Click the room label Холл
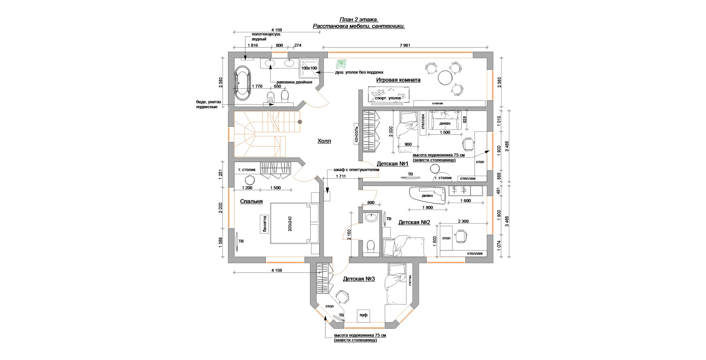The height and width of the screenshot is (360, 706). (x=324, y=141)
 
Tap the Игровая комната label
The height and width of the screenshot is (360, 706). (x=398, y=80)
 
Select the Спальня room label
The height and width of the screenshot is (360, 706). (x=251, y=201)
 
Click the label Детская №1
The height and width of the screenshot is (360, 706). (x=393, y=164)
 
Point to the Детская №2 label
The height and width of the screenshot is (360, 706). (x=414, y=222)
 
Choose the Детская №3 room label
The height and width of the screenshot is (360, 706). (x=359, y=279)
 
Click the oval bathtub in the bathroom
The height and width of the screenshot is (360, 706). (x=242, y=83)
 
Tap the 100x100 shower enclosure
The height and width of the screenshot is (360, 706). (x=309, y=68)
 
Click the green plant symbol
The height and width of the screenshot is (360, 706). (x=341, y=64)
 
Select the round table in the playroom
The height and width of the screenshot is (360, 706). (x=445, y=78)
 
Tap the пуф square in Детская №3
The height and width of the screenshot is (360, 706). (x=363, y=315)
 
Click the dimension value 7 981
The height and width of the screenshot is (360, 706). (x=404, y=46)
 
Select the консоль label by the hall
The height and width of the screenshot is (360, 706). (x=356, y=134)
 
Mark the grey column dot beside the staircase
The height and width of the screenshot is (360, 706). (x=300, y=122)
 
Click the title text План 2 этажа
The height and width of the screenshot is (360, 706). (x=359, y=19)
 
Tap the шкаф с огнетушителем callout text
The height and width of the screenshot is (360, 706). (x=356, y=170)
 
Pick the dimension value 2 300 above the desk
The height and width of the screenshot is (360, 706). (x=463, y=221)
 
